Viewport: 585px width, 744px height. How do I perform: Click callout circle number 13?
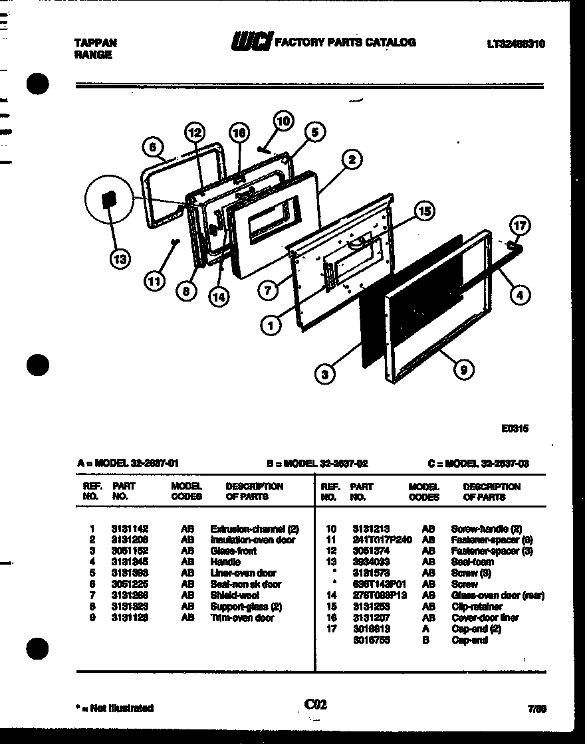[120, 260]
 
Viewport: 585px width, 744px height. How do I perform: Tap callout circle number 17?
[521, 226]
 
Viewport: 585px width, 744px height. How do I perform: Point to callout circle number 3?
[324, 375]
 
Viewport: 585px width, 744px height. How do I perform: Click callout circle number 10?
[283, 121]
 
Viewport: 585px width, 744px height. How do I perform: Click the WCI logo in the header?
[251, 43]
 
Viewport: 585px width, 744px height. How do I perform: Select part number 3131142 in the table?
[130, 529]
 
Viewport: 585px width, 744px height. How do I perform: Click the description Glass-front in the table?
[233, 551]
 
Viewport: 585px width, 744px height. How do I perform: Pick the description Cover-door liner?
[485, 618]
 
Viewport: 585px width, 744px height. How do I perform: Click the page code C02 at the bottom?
[316, 704]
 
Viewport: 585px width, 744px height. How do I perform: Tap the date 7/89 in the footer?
[538, 708]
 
